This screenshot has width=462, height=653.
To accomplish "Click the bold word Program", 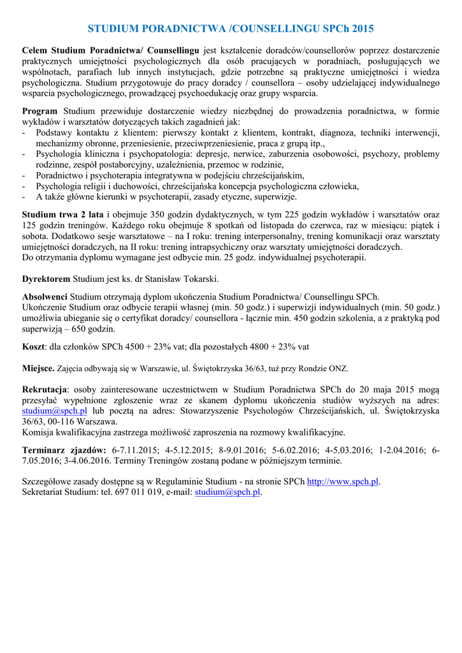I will (x=40, y=111).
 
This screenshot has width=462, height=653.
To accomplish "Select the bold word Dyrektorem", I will (x=46, y=279).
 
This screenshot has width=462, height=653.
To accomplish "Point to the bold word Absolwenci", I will (x=45, y=297).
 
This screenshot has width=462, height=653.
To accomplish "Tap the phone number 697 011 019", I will (x=147, y=492).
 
